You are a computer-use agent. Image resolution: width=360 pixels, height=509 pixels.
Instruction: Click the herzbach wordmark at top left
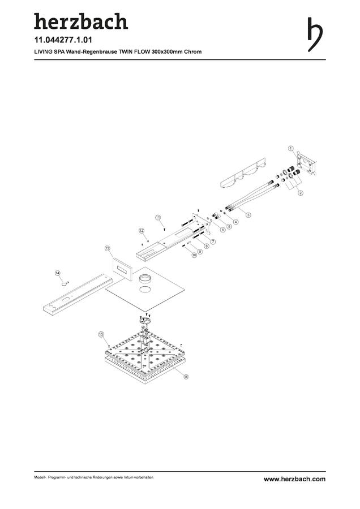pyautogui.click(x=81, y=21)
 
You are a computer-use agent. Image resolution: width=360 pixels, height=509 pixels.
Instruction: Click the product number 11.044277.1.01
pyautogui.click(x=63, y=40)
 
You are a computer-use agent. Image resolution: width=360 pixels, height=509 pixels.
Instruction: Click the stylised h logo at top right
pyautogui.click(x=315, y=34)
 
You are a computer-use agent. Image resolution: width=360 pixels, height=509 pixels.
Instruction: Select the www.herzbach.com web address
pyautogui.click(x=294, y=479)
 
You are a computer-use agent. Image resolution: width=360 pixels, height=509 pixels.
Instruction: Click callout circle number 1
pyautogui.click(x=291, y=148)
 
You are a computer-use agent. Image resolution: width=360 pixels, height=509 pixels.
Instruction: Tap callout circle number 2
pyautogui.click(x=301, y=192)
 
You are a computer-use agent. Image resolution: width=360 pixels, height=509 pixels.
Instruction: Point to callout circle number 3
pyautogui.click(x=248, y=214)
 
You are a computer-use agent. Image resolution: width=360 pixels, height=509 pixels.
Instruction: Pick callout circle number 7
pyautogui.click(x=213, y=241)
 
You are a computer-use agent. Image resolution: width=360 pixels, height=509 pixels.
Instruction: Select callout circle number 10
pyautogui.click(x=194, y=255)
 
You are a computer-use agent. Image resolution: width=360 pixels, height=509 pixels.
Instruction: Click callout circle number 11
pyautogui.click(x=158, y=217)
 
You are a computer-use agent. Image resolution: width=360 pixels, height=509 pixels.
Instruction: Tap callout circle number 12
pyautogui.click(x=142, y=231)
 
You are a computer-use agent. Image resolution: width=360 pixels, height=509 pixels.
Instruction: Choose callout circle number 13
pyautogui.click(x=107, y=248)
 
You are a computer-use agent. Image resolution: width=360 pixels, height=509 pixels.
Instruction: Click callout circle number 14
pyautogui.click(x=58, y=273)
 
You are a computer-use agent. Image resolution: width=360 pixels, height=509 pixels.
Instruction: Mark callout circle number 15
pyautogui.click(x=101, y=334)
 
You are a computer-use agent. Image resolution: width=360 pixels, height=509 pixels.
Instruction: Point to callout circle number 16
pyautogui.click(x=186, y=377)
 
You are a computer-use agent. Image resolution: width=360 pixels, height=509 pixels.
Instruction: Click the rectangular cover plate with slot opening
pyautogui.click(x=122, y=269)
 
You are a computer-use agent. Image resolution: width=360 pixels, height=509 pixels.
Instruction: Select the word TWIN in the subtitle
pyautogui.click(x=126, y=51)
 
